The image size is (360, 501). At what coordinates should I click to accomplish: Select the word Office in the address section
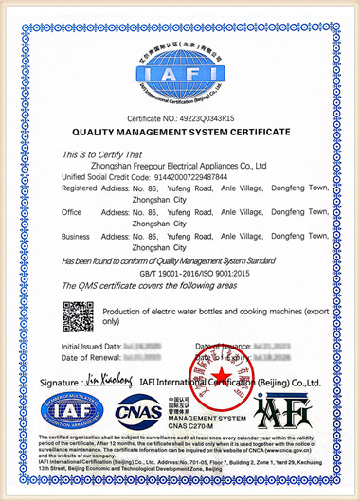click(x=72, y=211)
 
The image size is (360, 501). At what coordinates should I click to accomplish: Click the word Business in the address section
click(x=76, y=236)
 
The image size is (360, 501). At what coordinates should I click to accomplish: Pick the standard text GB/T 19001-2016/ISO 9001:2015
click(x=180, y=271)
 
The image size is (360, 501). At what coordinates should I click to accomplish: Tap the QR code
click(x=79, y=316)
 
